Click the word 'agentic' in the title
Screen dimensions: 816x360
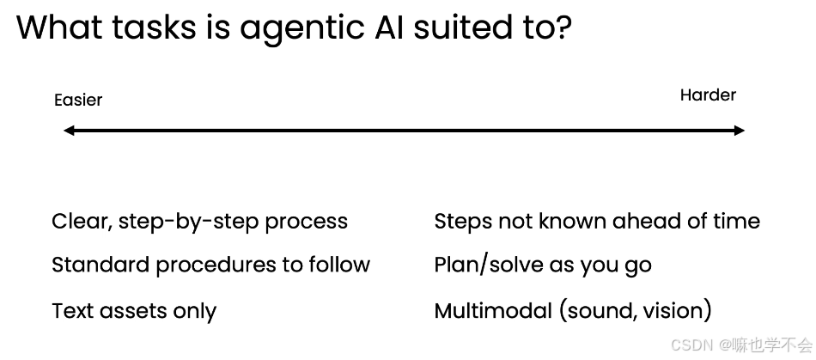[301, 29]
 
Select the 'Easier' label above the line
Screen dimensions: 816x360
[78, 100]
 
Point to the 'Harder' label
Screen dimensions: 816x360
[708, 95]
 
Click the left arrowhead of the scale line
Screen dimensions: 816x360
[70, 130]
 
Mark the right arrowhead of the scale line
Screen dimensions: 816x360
[739, 130]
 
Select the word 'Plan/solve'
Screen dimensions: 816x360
[489, 265]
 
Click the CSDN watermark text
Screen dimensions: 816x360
[741, 345]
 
